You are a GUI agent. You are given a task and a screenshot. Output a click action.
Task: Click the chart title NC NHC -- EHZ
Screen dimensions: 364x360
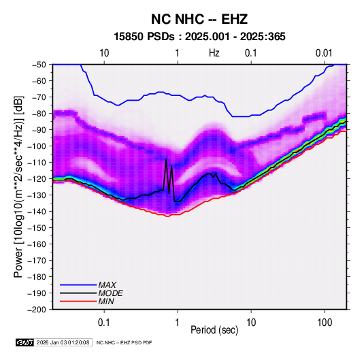click(x=199, y=19)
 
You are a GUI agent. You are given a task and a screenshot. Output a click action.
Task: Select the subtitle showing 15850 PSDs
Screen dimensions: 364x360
click(x=199, y=37)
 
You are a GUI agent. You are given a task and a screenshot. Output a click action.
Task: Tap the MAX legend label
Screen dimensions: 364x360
click(x=107, y=284)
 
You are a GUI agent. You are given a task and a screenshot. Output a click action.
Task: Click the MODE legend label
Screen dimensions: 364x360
click(x=110, y=293)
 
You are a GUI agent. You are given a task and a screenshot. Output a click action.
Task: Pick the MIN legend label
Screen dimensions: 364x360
click(x=106, y=301)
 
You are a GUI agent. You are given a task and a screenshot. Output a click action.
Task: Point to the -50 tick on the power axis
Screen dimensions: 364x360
click(x=39, y=65)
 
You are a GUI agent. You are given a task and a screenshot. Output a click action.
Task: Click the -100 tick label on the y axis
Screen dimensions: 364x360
click(x=37, y=146)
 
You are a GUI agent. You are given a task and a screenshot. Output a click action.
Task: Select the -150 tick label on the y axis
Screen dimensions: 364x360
click(x=37, y=228)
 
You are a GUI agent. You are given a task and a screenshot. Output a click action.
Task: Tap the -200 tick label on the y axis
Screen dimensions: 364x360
click(x=37, y=310)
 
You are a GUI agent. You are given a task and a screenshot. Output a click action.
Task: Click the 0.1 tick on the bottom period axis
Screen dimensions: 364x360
click(x=104, y=323)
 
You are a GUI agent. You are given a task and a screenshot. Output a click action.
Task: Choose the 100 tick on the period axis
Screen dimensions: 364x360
click(x=325, y=323)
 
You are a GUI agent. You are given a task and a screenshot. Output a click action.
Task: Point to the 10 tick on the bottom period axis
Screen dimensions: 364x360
click(x=251, y=323)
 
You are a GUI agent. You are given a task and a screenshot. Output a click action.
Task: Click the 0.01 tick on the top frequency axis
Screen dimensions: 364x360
click(x=324, y=53)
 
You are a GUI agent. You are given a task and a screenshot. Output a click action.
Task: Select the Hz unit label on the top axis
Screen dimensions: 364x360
click(x=214, y=53)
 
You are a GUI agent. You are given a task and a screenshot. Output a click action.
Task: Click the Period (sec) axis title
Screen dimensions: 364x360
click(x=214, y=330)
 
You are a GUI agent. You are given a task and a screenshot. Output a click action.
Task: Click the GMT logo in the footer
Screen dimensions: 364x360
click(x=24, y=342)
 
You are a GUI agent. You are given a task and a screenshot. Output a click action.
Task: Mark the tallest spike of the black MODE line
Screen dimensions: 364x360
click(x=166, y=159)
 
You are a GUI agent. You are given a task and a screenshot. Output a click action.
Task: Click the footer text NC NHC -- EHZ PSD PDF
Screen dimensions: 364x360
click(x=124, y=342)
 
